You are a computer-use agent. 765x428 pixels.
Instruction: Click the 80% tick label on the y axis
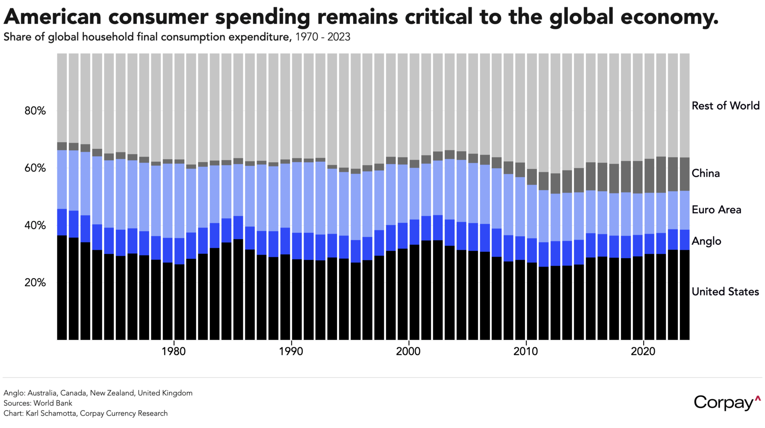(x=35, y=111)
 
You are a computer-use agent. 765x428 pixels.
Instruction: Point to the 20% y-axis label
(x=35, y=282)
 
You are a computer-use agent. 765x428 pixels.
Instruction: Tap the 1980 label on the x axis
(x=174, y=351)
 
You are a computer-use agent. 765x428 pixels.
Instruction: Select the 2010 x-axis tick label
(x=526, y=351)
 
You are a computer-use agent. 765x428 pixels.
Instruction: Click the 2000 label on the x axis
(x=408, y=351)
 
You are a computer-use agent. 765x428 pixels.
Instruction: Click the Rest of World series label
(x=725, y=106)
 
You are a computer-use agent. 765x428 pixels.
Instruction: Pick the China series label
(x=706, y=173)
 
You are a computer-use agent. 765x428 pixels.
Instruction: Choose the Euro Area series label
(x=716, y=210)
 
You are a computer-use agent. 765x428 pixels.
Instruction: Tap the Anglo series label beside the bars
(x=706, y=241)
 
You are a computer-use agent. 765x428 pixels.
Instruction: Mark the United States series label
(x=725, y=292)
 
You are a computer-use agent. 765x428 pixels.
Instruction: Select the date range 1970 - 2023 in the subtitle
(x=322, y=37)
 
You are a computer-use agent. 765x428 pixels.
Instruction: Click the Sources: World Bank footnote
(x=38, y=403)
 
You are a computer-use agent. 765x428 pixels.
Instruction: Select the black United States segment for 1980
(x=168, y=300)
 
